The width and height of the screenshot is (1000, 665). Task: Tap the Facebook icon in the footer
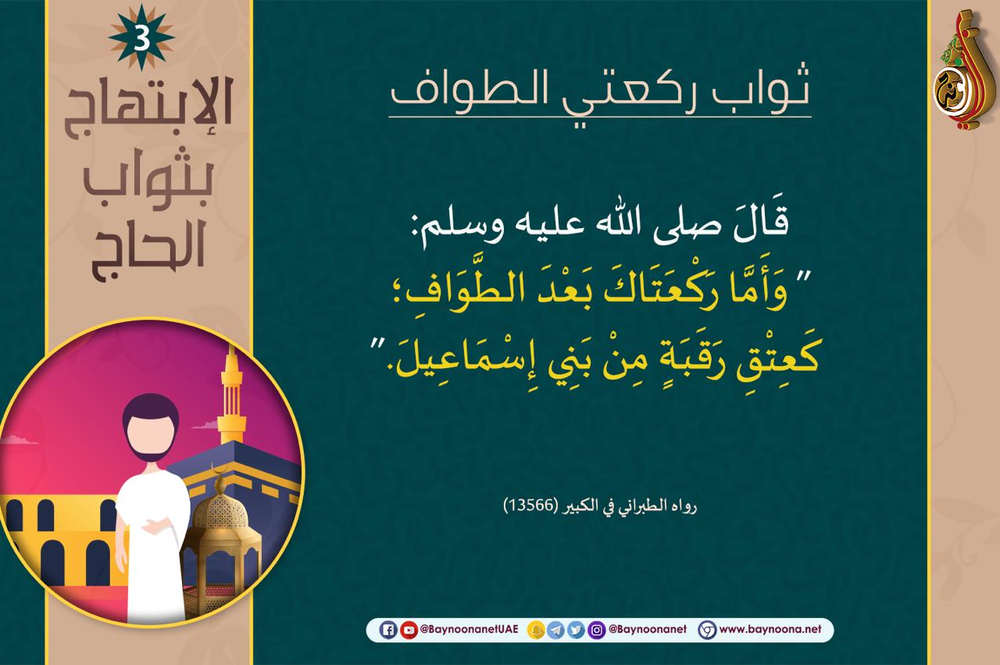388,630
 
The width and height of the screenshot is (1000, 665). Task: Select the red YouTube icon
409,630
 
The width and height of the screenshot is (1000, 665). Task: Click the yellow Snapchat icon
536,630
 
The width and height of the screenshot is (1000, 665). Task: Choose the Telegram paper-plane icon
555,630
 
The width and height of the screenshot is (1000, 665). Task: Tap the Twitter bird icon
576,630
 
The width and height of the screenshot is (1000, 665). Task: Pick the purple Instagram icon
596,630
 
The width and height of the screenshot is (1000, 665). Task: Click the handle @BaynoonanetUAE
470,629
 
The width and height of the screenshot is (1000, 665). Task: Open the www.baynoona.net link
770,629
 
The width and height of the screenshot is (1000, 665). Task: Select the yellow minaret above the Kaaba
231,395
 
